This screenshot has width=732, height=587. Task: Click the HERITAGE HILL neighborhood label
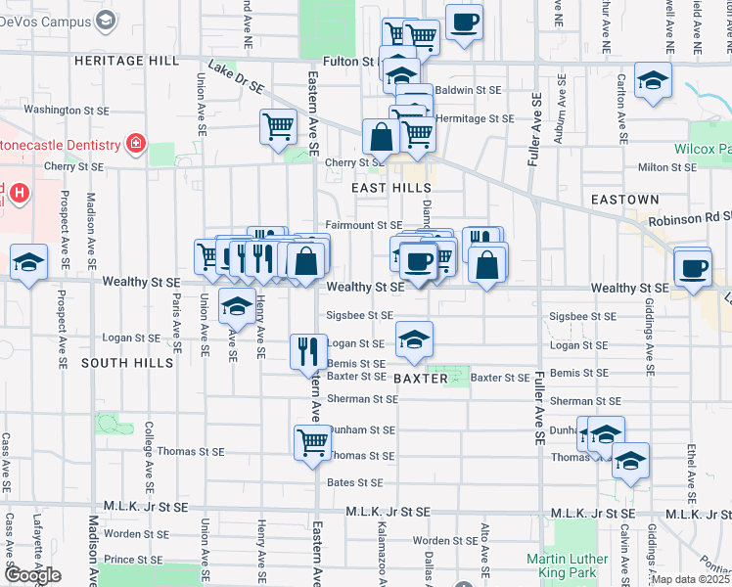pyautogui.click(x=127, y=61)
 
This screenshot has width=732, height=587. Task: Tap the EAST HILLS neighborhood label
pyautogui.click(x=391, y=188)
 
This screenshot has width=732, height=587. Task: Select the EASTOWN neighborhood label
pyautogui.click(x=620, y=199)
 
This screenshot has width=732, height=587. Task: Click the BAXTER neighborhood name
pyautogui.click(x=420, y=378)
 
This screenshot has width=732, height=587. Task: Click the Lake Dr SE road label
pyautogui.click(x=237, y=79)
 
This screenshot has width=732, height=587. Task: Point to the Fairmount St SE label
pyautogui.click(x=364, y=225)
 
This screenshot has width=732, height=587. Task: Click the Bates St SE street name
pyautogui.click(x=354, y=482)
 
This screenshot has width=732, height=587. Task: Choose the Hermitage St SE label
pyautogui.click(x=475, y=118)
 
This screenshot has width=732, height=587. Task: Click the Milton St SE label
pyautogui.click(x=665, y=167)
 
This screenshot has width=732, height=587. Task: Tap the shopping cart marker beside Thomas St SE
pyautogui.click(x=312, y=441)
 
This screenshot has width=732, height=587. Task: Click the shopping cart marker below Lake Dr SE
pyautogui.click(x=278, y=126)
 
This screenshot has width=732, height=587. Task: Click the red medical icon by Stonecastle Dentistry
pyautogui.click(x=136, y=146)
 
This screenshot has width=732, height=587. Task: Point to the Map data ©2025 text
pyautogui.click(x=691, y=579)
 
